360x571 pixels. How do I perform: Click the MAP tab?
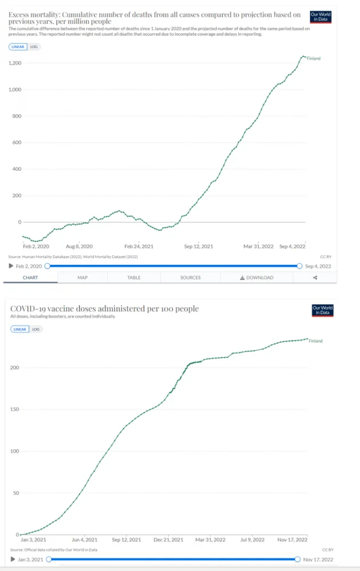[82, 278]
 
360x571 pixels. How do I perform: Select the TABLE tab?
[134, 278]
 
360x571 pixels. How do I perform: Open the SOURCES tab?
[190, 278]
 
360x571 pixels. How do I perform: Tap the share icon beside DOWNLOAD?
[315, 278]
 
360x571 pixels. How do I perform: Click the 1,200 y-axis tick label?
[15, 63]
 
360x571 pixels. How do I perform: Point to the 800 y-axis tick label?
[17, 116]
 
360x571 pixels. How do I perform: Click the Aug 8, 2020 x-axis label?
[79, 246]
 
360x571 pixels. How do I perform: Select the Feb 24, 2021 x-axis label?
[138, 246]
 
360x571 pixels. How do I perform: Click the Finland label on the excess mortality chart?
[314, 58]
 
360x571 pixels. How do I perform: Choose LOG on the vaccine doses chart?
[35, 329]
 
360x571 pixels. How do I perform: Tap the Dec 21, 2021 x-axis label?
[170, 539]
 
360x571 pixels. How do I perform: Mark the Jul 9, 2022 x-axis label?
[252, 539]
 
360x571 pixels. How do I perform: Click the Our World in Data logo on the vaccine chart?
[322, 311]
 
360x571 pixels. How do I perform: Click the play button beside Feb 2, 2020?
[10, 266]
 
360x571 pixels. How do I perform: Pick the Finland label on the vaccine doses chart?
[315, 341]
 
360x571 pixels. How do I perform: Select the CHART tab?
[30, 278]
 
